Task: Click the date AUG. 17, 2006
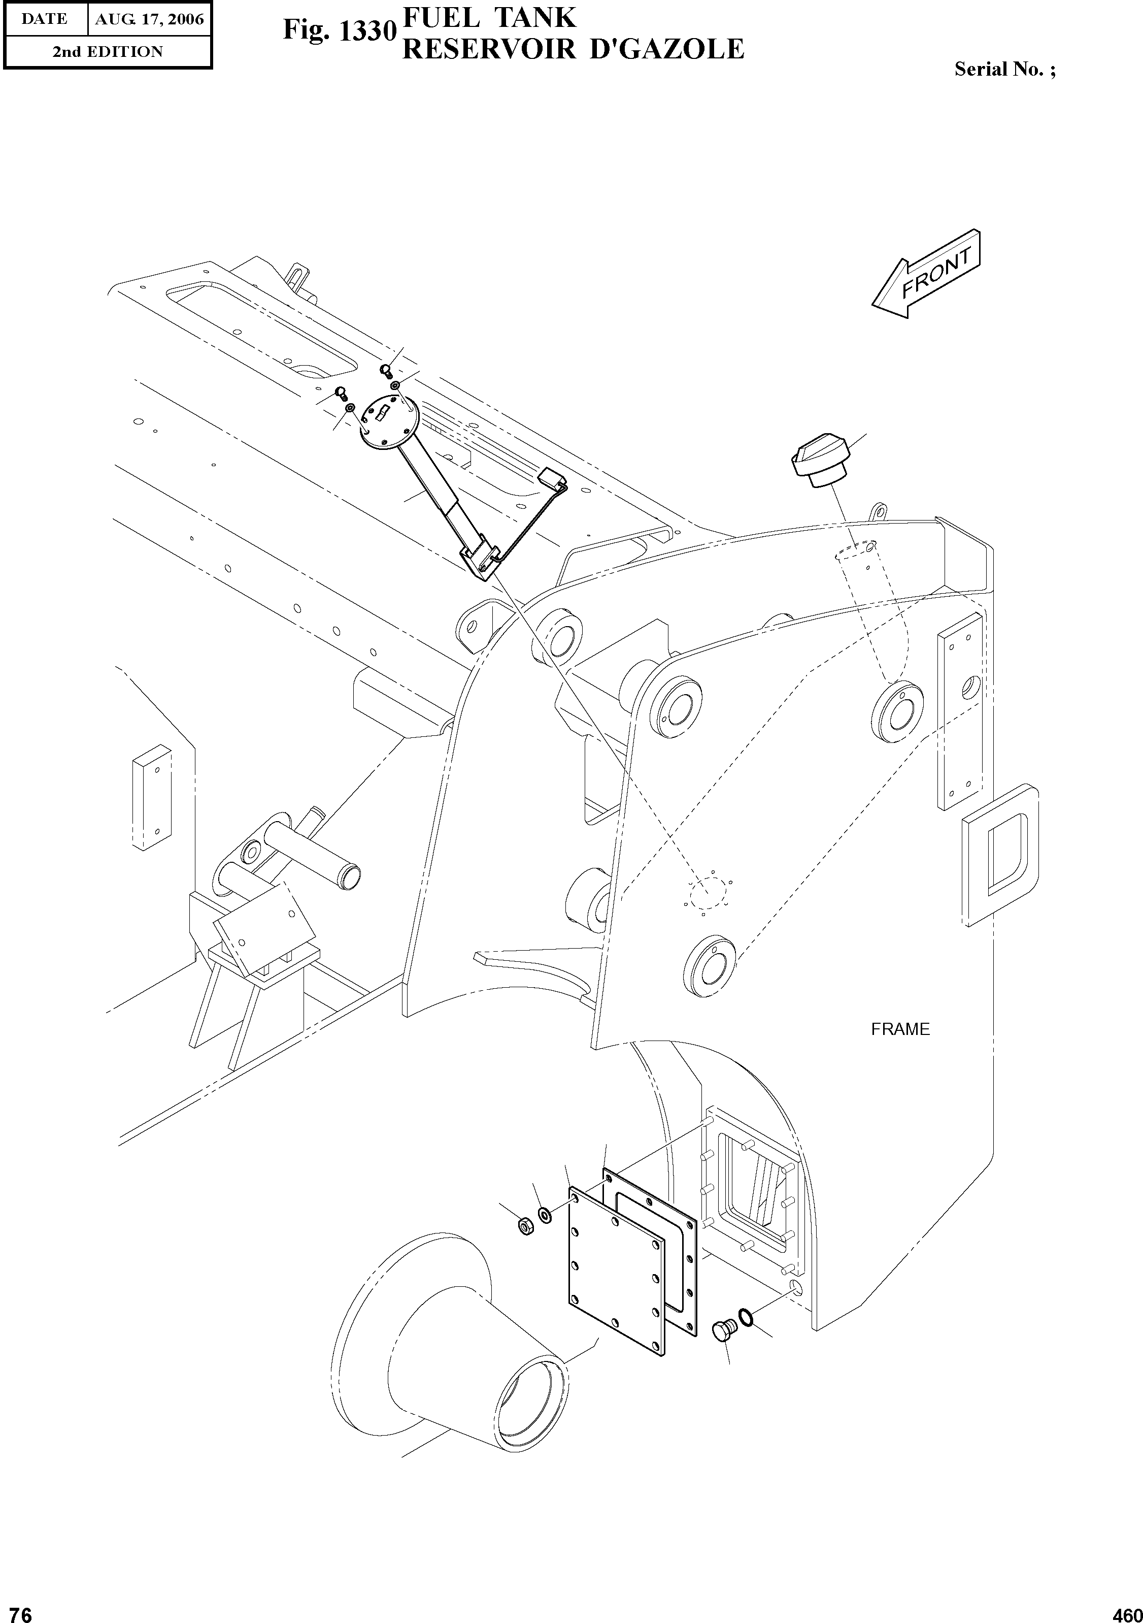click(149, 19)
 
